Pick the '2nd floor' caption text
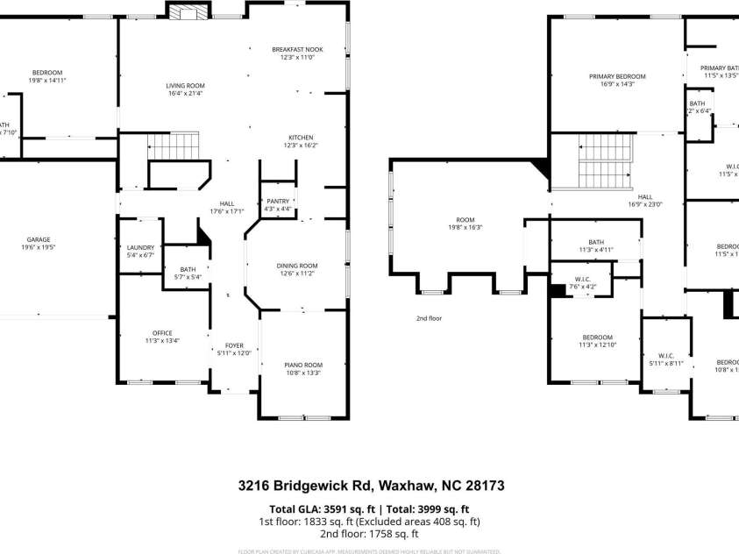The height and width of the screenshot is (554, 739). pyautogui.click(x=429, y=318)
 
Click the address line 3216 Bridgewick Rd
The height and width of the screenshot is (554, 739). pyautogui.click(x=371, y=485)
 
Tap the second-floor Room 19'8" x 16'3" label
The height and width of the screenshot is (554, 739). pyautogui.click(x=465, y=224)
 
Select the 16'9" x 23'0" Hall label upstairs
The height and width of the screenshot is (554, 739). pyautogui.click(x=645, y=201)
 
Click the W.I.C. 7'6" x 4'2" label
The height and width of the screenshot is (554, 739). pyautogui.click(x=582, y=283)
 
